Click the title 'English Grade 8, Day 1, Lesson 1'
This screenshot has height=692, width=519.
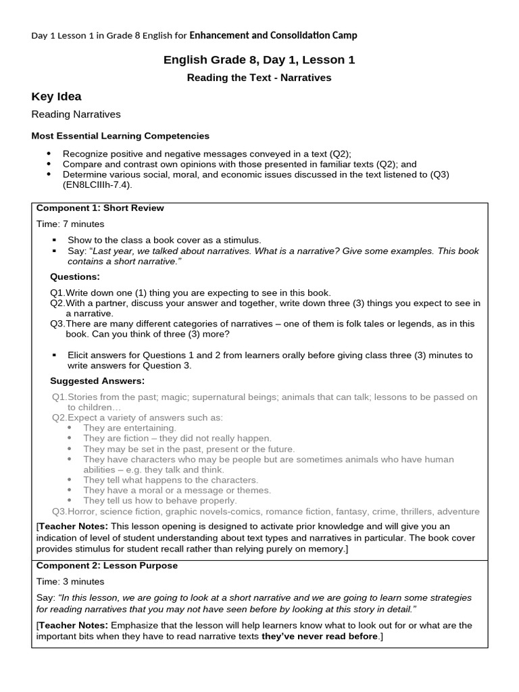click(x=259, y=60)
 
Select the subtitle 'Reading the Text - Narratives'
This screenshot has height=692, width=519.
click(x=259, y=78)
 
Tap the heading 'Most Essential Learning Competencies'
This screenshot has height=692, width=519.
click(x=120, y=136)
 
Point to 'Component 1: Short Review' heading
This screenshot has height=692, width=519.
click(x=100, y=208)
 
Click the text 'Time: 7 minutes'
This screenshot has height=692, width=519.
click(x=70, y=224)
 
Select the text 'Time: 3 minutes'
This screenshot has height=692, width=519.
click(x=70, y=581)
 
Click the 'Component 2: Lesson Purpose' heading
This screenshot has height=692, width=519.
click(x=107, y=566)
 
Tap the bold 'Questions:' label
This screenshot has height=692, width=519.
click(x=75, y=276)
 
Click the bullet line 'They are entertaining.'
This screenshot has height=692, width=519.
click(x=130, y=428)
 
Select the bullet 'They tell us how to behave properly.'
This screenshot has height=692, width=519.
click(x=160, y=501)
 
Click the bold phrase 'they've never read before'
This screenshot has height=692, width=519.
click(x=321, y=637)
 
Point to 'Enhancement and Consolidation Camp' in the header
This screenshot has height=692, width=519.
click(x=273, y=35)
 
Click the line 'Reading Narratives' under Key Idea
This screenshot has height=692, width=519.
click(x=76, y=115)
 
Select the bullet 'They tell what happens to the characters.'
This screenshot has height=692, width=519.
click(x=170, y=480)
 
